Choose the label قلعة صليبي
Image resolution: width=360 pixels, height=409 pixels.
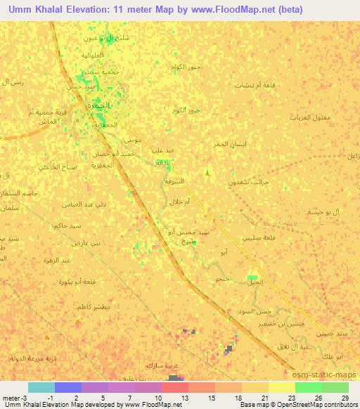click(258, 238)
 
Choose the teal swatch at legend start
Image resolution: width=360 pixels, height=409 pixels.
click(41, 387)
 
